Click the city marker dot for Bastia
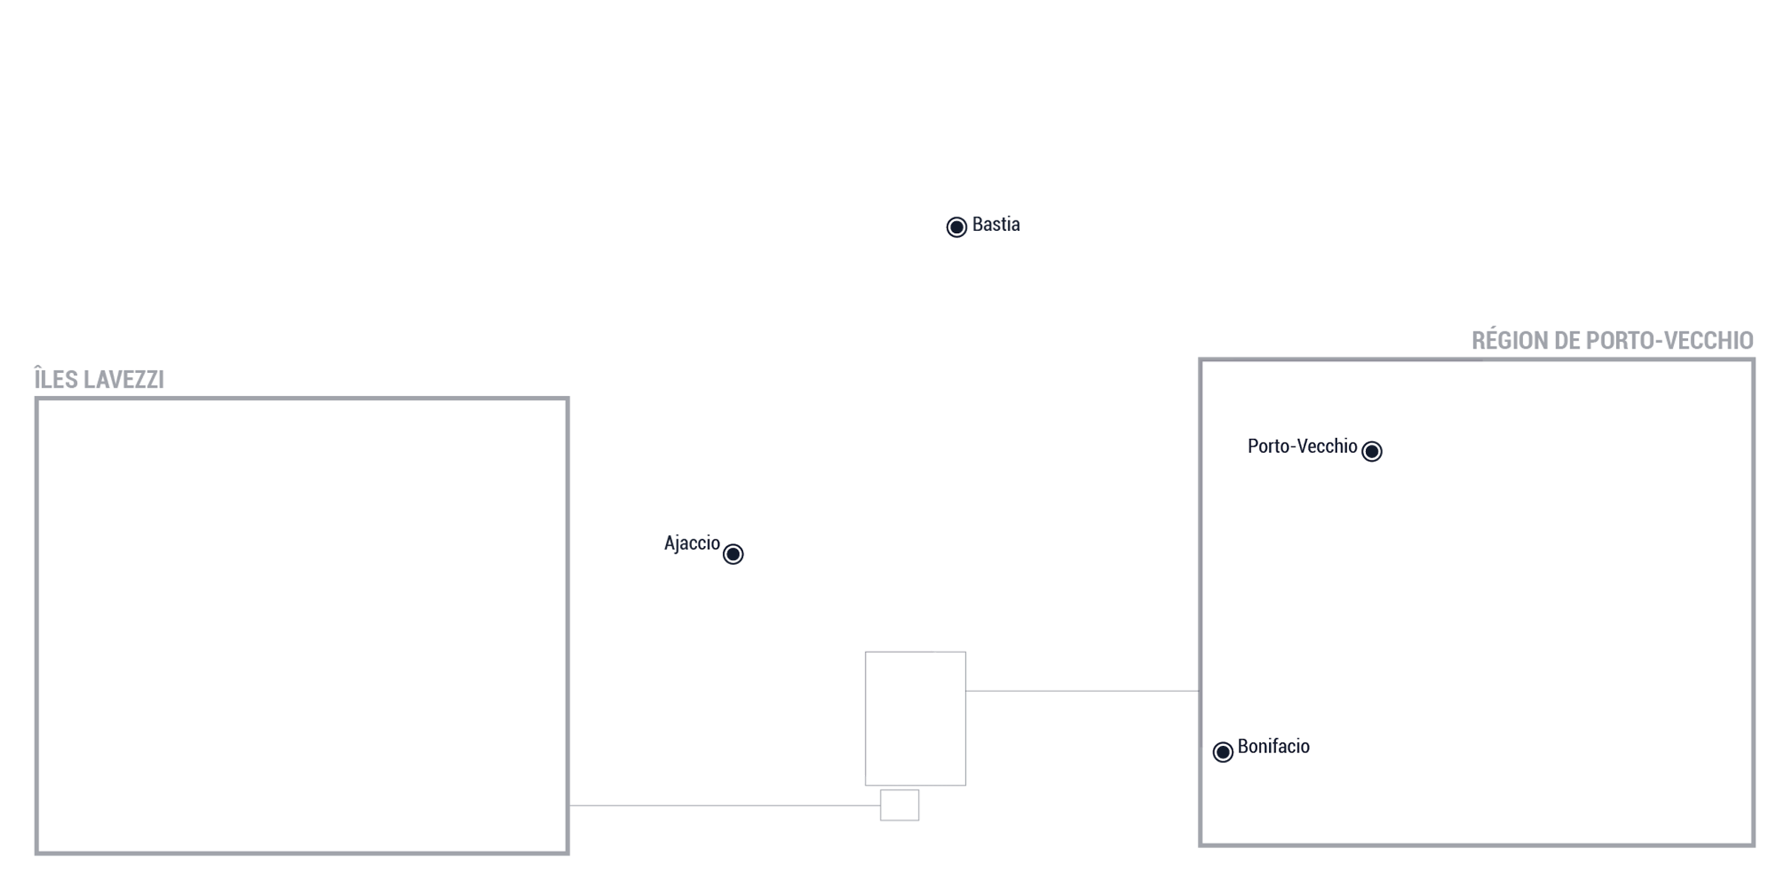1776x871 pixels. click(x=956, y=226)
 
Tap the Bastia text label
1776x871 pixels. click(x=995, y=224)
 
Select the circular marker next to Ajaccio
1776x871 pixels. click(x=733, y=554)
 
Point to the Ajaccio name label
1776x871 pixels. click(x=691, y=543)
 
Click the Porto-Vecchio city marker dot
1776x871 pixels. click(x=1371, y=451)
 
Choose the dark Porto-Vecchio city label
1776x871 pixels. click(x=1302, y=446)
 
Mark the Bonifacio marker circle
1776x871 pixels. click(x=1222, y=752)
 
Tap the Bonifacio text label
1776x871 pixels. click(x=1273, y=746)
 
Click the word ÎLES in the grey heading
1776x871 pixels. click(x=56, y=378)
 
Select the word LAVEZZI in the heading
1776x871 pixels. click(x=124, y=380)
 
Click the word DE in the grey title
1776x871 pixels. click(x=1567, y=340)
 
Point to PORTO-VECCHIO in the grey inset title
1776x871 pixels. click(x=1669, y=340)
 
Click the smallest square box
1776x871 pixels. click(x=899, y=805)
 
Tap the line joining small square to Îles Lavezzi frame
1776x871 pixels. click(x=724, y=805)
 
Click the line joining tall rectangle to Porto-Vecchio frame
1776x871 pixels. click(x=1083, y=691)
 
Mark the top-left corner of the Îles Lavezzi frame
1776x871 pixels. click(x=36, y=399)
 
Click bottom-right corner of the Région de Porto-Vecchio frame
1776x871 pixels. click(x=1753, y=844)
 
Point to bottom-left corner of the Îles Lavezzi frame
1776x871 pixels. click(x=36, y=853)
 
